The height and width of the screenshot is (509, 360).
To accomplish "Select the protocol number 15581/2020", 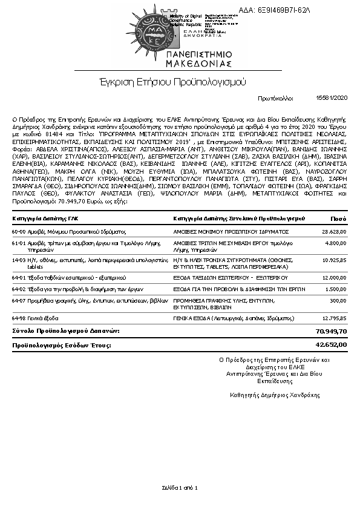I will tap(332, 97).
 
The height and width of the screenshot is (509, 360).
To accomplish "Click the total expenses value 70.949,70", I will tap(331, 331).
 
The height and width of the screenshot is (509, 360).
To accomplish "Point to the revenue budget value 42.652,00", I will tap(331, 344).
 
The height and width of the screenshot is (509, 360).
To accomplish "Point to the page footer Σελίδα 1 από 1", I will tap(180, 487).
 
